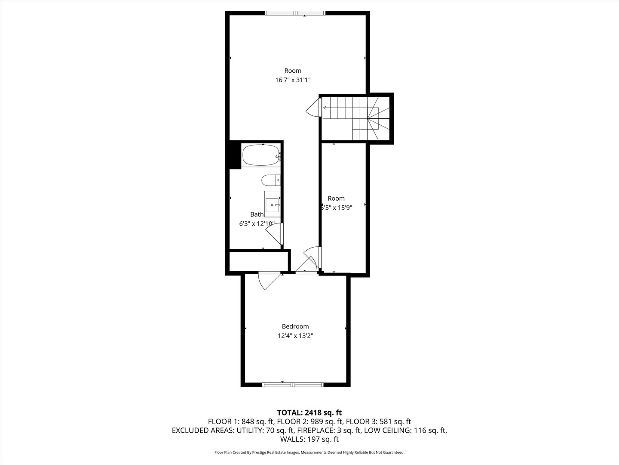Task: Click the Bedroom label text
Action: click(295, 326)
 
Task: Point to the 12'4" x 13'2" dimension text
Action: click(295, 336)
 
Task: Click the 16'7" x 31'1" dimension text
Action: click(293, 80)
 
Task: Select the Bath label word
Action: click(257, 214)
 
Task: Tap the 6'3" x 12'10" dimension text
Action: click(257, 224)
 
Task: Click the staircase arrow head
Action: click(324, 108)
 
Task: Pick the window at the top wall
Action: click(295, 13)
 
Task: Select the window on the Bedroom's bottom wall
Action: click(293, 384)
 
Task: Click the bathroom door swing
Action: click(274, 235)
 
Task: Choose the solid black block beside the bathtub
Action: click(234, 155)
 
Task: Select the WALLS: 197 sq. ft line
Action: click(309, 440)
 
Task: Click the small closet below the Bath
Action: click(258, 261)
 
